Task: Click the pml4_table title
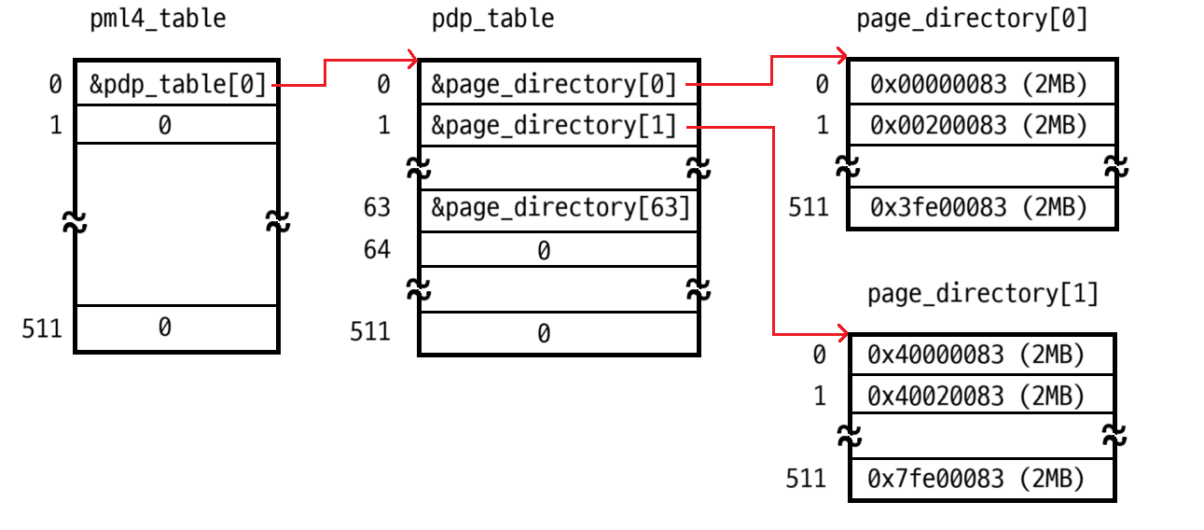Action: [158, 19]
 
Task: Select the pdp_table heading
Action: [492, 19]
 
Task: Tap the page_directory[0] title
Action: [971, 19]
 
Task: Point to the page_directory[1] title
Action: [982, 294]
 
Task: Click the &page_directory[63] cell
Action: [559, 207]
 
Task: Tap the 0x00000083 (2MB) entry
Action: [979, 85]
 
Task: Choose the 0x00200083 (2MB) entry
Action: [979, 125]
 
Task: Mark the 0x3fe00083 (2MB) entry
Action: [979, 207]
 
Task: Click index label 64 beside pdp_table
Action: [378, 249]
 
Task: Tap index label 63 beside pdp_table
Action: [378, 207]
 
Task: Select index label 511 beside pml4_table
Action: [42, 328]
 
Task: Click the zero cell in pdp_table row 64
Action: [544, 250]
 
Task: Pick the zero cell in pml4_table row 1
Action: [165, 125]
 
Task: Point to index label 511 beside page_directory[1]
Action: [806, 479]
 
